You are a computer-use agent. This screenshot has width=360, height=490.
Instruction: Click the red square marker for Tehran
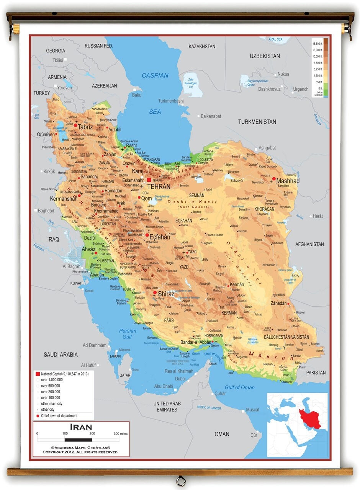[x=149, y=180]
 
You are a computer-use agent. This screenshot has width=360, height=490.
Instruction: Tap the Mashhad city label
[x=288, y=181]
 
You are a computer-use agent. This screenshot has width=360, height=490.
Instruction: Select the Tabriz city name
[x=85, y=127]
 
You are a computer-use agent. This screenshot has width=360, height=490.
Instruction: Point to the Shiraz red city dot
[x=155, y=292]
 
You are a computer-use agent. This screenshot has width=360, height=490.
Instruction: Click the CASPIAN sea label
[x=155, y=75]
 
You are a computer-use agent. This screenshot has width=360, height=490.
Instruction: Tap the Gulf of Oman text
[x=239, y=387]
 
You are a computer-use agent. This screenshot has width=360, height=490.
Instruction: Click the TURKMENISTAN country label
[x=257, y=122]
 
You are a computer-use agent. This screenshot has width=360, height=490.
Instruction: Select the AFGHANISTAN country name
[x=309, y=244]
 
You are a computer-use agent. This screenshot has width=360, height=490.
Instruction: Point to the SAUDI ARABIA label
[x=61, y=354]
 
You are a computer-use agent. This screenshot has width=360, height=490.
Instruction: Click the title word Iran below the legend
[x=80, y=426]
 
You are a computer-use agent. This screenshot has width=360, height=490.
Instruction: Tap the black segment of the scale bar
[x=79, y=440]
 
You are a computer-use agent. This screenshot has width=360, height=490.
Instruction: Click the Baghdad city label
[x=46, y=211]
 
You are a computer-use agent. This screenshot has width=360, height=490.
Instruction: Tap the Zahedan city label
[x=278, y=303]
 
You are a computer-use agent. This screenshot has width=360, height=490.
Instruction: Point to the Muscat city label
[x=252, y=410]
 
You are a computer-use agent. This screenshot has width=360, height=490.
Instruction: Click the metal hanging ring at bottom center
[x=181, y=480]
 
